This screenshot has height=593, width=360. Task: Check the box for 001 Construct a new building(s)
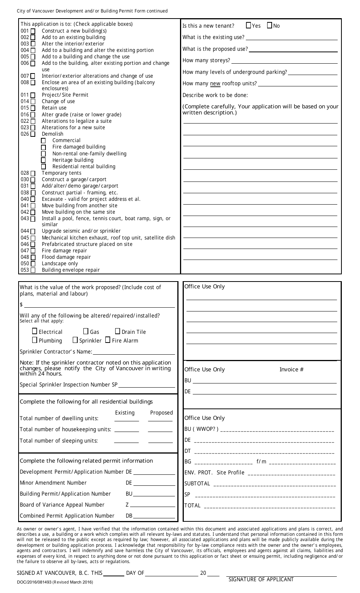click(33, 31)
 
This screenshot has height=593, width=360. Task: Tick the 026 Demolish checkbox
click(33, 134)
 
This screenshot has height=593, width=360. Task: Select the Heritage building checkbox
click(44, 160)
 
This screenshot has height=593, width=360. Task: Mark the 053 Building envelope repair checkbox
click(33, 270)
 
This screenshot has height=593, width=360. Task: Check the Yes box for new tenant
click(249, 26)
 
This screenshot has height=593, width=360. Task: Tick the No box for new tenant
click(269, 26)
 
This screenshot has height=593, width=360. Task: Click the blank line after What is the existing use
click(291, 38)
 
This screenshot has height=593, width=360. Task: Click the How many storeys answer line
click(284, 61)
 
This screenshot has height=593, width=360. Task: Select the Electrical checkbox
click(35, 332)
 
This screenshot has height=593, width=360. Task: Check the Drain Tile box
click(117, 332)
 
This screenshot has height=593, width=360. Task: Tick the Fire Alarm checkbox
click(108, 340)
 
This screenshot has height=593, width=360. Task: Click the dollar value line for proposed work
click(99, 305)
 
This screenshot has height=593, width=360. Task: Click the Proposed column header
click(161, 413)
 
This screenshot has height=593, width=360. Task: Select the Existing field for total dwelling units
click(127, 419)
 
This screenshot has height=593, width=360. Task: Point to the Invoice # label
click(291, 369)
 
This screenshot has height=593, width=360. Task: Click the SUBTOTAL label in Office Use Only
click(197, 483)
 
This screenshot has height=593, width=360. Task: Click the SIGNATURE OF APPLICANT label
click(261, 579)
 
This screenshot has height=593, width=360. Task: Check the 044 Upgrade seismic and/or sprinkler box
click(33, 232)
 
